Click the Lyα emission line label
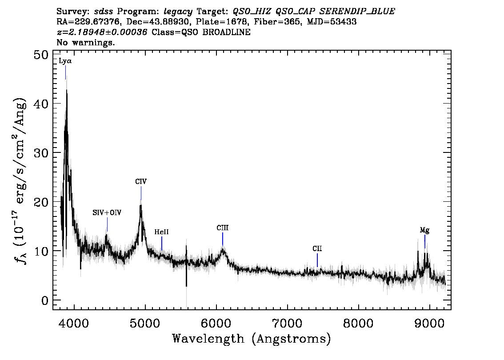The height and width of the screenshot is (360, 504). [65, 61]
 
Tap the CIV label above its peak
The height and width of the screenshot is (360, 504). [141, 181]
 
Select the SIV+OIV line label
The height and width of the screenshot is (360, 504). [107, 213]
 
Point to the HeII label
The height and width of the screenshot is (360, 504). [161, 232]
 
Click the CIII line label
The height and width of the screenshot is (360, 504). [223, 228]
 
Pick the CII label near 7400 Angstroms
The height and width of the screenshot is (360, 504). [317, 249]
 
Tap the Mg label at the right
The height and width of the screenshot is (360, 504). [424, 230]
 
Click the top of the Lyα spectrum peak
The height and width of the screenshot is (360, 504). [67, 90]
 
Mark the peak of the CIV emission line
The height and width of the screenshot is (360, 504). [141, 205]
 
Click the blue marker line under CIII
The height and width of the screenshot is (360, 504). [223, 239]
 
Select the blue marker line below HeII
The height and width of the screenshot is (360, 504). [162, 244]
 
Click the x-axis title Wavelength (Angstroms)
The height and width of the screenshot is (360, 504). [252, 339]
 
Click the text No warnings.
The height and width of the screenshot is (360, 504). [86, 43]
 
